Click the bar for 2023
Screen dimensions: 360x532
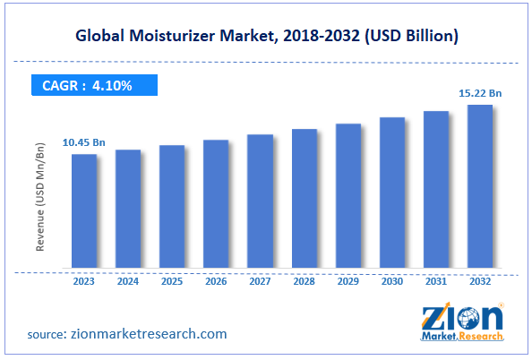click(84, 210)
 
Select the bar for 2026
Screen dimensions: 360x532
click(216, 203)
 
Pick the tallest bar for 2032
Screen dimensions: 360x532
click(480, 186)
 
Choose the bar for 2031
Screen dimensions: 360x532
click(436, 189)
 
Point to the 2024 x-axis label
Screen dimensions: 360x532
click(128, 280)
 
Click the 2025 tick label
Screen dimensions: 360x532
click(172, 280)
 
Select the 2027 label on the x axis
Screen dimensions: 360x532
click(260, 280)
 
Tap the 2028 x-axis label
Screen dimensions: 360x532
click(304, 280)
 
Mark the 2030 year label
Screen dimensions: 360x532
click(392, 280)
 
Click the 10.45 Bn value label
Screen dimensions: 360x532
click(84, 142)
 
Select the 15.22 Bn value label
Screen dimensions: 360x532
click(480, 93)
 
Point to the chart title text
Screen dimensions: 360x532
click(266, 36)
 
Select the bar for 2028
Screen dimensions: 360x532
click(305, 198)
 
